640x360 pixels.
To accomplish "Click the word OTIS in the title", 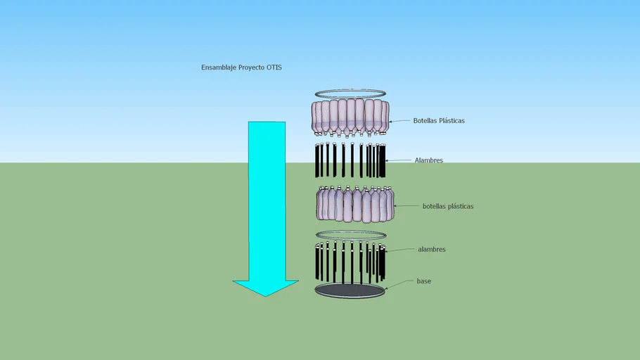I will [274, 67].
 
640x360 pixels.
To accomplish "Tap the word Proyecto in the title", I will [252, 67].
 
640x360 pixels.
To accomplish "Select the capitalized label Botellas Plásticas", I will [438, 121].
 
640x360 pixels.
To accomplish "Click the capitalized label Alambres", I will [428, 160].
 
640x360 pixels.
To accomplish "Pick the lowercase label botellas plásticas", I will [447, 207].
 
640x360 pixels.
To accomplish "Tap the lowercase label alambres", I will [431, 250].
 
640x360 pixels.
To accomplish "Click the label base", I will [423, 281].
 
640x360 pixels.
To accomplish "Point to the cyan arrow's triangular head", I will [266, 286].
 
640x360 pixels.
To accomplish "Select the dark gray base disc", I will [350, 290].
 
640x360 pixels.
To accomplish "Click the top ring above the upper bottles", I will [350, 94].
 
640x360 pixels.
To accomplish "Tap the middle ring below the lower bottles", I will [351, 235].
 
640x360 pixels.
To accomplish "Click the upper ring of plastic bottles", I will [350, 117].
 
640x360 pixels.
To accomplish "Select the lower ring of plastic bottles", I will [354, 205].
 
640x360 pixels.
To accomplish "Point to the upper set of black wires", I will [351, 160].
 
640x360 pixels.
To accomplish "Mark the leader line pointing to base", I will [399, 284].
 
